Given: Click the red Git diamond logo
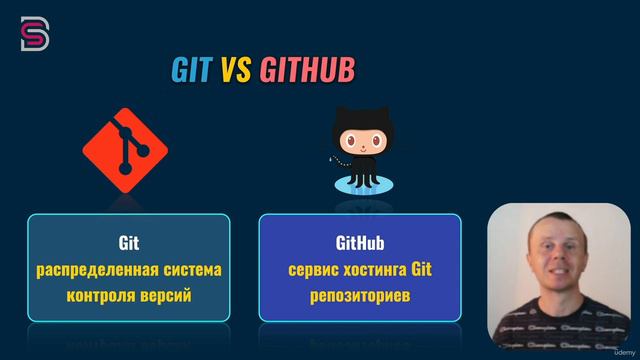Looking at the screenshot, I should [125, 151].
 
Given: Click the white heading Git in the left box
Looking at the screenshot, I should [128, 242].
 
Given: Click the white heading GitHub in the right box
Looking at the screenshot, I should [359, 242].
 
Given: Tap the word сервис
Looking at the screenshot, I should [314, 270].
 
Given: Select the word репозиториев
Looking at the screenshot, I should [359, 297].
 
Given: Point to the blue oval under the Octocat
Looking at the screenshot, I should [360, 184].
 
